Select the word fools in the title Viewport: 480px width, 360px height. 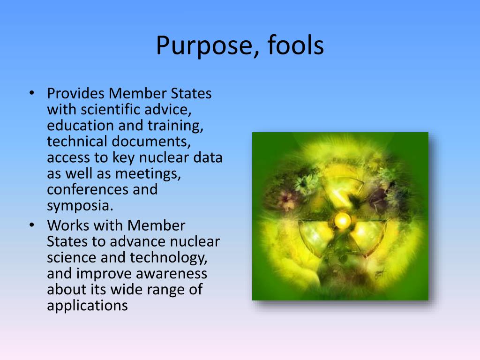click(x=296, y=46)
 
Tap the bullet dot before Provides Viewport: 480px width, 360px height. click(x=32, y=93)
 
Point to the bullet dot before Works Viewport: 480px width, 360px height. click(x=32, y=225)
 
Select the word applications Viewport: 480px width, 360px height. click(x=87, y=306)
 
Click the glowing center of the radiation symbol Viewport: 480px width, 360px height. click(x=342, y=219)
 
